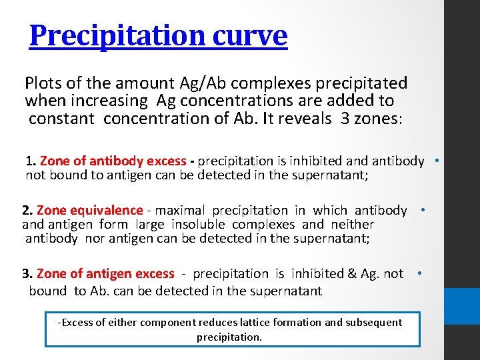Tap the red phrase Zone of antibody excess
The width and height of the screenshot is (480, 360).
[113, 161]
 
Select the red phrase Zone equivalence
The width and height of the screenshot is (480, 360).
[90, 211]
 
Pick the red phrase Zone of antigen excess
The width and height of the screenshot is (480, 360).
[105, 274]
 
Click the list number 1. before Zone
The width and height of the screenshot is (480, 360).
[31, 161]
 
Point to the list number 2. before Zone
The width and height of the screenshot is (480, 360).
[28, 211]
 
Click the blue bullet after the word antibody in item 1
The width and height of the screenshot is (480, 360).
[436, 160]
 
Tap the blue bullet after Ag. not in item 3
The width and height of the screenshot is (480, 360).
[419, 273]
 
